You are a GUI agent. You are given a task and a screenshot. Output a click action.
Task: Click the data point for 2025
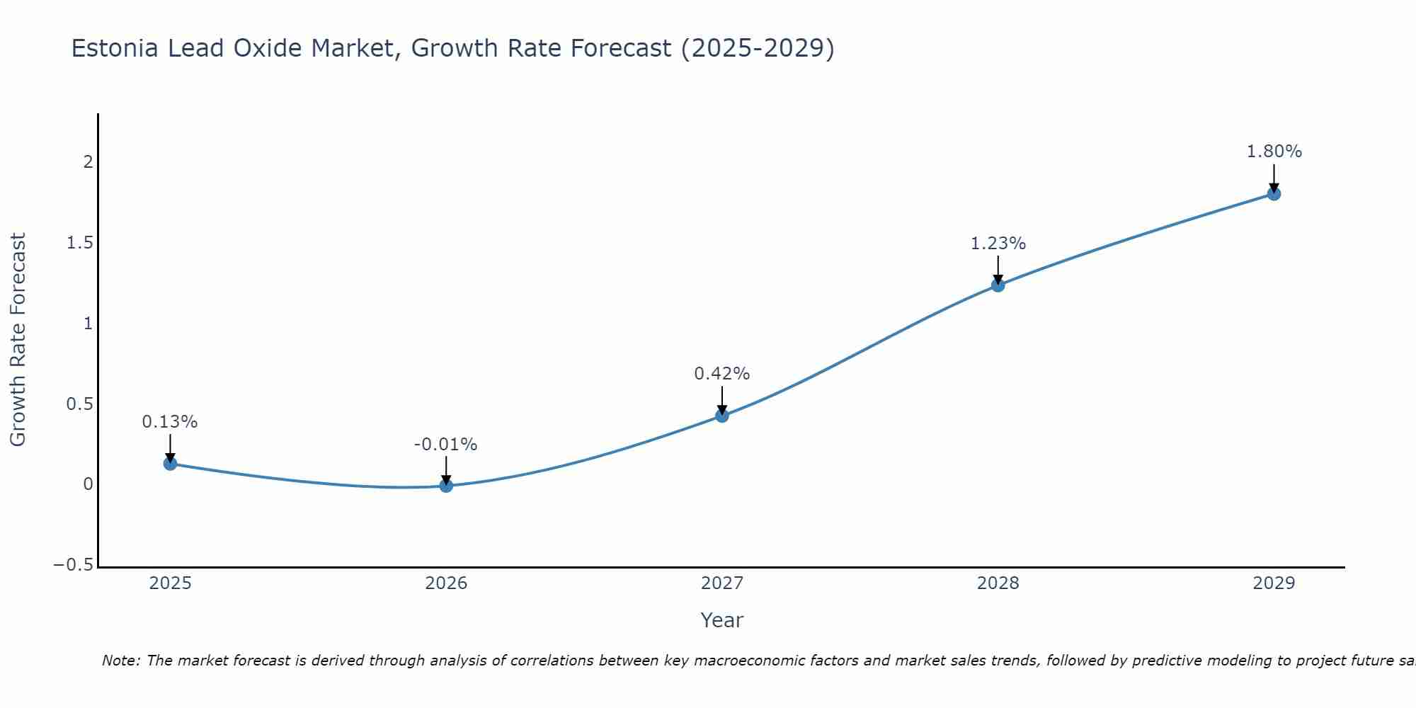[x=170, y=464]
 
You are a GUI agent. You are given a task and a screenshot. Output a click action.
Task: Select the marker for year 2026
[x=446, y=486]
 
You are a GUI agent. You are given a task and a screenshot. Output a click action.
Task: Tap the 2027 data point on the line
[x=721, y=416]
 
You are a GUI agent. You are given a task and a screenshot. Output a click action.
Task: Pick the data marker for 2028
[x=998, y=285]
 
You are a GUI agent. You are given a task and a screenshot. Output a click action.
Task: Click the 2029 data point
[x=1274, y=193]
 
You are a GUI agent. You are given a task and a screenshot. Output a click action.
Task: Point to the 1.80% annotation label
[x=1274, y=152]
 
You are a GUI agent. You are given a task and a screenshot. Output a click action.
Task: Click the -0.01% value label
[x=445, y=445]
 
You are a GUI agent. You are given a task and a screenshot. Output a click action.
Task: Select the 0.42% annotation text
[x=721, y=374]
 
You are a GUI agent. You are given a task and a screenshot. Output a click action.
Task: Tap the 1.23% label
[x=998, y=244]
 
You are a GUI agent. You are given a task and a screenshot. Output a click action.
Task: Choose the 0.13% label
[x=170, y=422]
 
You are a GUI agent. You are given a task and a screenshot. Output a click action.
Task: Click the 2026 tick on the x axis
[x=446, y=583]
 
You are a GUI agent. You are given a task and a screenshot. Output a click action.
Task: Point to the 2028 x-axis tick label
[x=998, y=583]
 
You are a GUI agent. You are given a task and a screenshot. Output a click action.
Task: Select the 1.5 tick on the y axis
[x=80, y=243]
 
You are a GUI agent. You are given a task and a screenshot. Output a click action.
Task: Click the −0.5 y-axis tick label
[x=73, y=565]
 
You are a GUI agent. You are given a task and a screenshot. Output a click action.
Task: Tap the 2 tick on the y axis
[x=88, y=162]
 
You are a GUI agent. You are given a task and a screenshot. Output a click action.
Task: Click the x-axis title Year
[x=721, y=620]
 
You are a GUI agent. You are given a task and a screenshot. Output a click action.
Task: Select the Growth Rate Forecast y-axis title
[x=18, y=340]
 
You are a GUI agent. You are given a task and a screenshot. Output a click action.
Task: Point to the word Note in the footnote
[x=120, y=661]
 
